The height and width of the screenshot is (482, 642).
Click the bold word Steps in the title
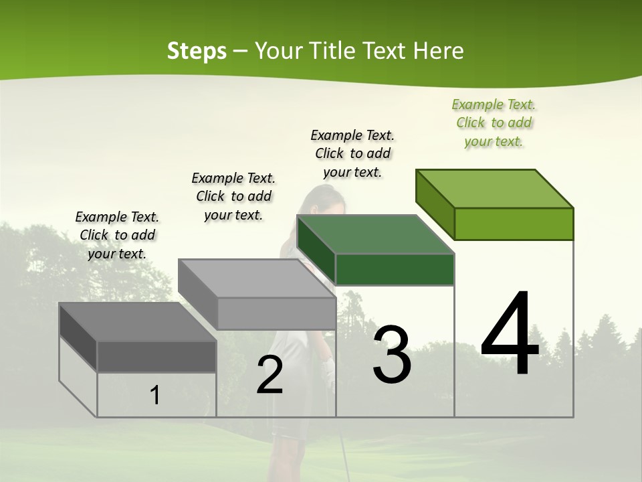(197, 51)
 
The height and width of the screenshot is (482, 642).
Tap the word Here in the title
(439, 51)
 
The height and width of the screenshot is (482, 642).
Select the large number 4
(510, 335)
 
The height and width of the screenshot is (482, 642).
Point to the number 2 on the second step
(270, 375)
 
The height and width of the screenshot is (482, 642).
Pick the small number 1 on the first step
(155, 396)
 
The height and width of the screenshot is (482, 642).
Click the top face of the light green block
(495, 189)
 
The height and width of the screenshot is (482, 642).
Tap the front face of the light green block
(514, 224)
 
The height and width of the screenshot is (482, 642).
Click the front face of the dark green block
(395, 269)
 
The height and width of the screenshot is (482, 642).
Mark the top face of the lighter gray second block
(257, 278)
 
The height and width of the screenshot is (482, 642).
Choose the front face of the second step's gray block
(276, 313)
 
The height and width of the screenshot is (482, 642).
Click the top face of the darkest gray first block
(138, 322)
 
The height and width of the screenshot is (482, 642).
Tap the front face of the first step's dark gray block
(156, 356)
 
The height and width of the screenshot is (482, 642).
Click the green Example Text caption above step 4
(494, 123)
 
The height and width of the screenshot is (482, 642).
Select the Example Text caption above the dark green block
(352, 153)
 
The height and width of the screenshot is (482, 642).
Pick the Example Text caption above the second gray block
(233, 196)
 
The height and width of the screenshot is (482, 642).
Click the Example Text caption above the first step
(117, 235)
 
